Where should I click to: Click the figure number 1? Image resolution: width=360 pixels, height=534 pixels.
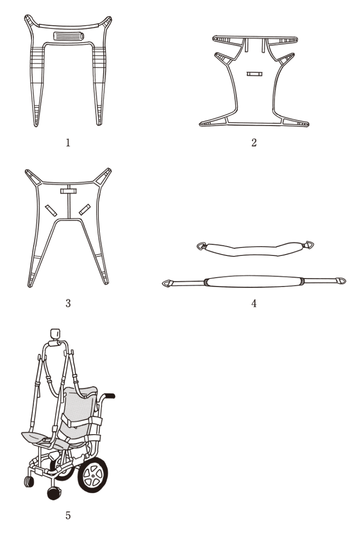68,143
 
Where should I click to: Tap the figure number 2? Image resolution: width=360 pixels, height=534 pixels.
254,143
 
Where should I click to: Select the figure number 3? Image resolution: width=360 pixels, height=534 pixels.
68,303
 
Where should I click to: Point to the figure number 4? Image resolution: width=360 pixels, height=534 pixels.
254,303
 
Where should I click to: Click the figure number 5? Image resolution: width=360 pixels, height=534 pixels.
68,515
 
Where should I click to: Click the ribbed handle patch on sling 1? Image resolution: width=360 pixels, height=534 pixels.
68,36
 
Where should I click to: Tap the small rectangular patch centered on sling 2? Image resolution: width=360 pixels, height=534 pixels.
255,74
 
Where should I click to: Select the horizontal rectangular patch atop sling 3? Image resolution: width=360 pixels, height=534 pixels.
68,191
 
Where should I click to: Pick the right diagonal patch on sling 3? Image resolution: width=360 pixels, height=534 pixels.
85,210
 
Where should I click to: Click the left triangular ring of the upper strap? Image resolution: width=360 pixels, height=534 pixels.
201,246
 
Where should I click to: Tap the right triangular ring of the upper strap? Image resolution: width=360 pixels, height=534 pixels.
309,245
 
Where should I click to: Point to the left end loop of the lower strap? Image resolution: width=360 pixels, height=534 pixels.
166,283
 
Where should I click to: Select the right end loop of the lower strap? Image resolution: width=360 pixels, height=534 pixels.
341,281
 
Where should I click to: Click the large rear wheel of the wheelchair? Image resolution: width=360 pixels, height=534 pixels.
93,474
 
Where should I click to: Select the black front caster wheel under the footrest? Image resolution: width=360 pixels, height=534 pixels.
54,493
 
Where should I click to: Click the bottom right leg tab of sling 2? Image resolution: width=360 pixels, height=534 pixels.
296,122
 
